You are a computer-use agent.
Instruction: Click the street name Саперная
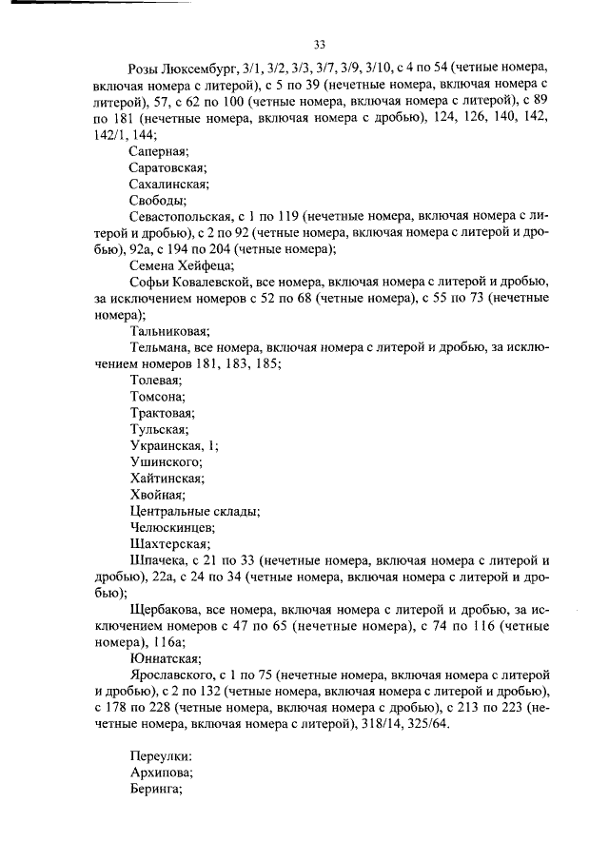(x=159, y=150)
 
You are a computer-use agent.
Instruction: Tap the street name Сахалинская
(x=167, y=184)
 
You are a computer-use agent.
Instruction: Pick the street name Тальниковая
(x=168, y=331)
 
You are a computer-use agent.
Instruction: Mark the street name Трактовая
(x=162, y=413)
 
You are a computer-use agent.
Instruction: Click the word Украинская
(x=166, y=445)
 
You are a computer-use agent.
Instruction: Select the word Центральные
(x=169, y=511)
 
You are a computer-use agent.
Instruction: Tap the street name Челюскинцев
(x=172, y=527)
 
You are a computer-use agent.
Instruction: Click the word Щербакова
(x=166, y=609)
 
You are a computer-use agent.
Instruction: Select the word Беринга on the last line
(x=155, y=789)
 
